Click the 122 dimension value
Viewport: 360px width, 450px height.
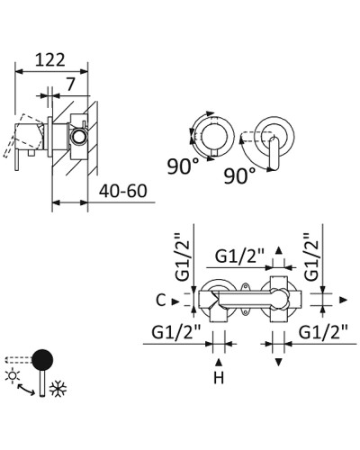tap(50, 59)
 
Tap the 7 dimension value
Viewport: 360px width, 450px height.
tap(70, 85)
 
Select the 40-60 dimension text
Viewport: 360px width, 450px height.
tap(123, 191)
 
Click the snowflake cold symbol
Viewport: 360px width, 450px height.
tap(58, 389)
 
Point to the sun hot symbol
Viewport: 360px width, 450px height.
tap(13, 376)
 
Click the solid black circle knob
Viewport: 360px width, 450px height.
tap(42, 360)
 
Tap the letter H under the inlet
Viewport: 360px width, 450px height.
tap(219, 378)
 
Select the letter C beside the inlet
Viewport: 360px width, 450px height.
tap(161, 301)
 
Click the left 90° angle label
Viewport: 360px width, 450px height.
tap(183, 166)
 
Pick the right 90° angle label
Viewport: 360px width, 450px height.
tap(239, 175)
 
